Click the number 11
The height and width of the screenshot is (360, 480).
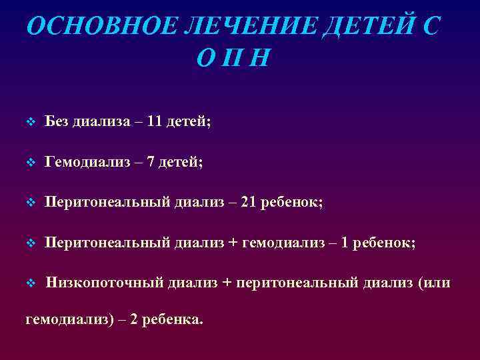(155, 121)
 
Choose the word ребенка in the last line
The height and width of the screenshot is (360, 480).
(169, 320)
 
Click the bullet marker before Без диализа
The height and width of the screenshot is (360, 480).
(29, 122)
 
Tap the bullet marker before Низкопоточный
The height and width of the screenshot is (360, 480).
(29, 283)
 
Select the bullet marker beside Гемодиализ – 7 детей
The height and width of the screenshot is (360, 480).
(29, 163)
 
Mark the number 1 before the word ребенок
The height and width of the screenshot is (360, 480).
(344, 243)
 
